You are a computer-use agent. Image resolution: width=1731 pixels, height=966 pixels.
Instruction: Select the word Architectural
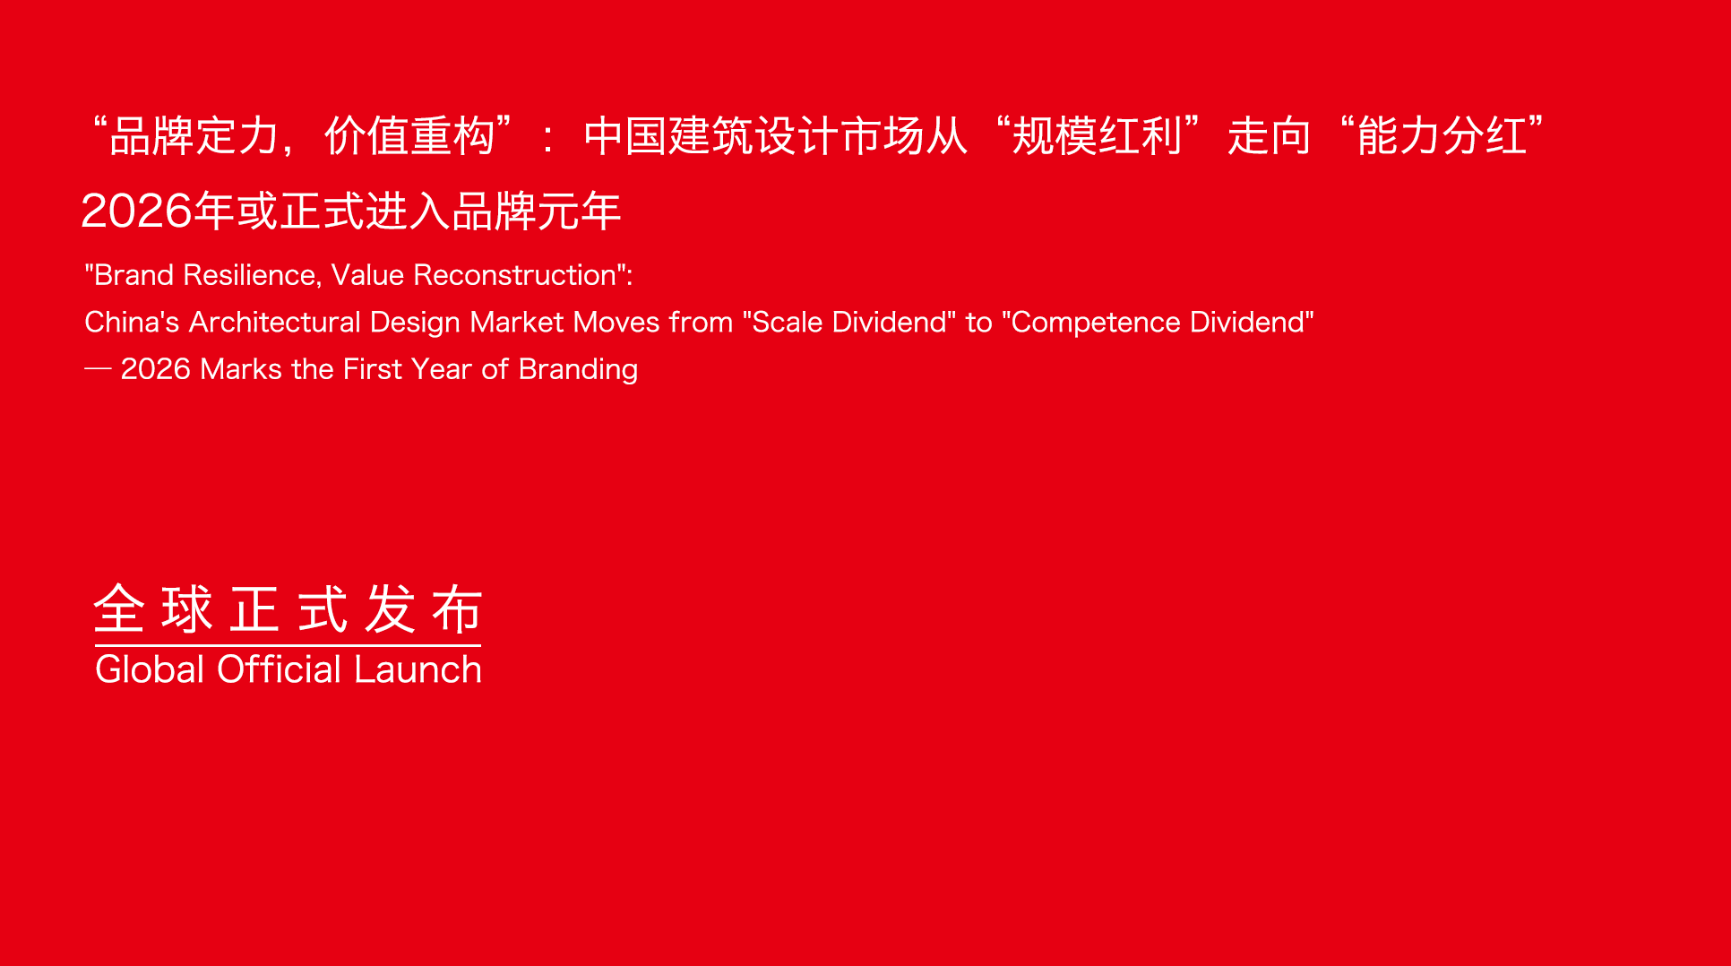(x=274, y=322)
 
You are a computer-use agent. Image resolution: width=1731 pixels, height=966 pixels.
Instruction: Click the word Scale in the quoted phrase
(x=788, y=322)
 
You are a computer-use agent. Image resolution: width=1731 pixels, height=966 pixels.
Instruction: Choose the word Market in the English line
(x=517, y=322)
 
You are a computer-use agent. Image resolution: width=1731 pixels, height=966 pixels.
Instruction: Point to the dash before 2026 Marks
(x=98, y=369)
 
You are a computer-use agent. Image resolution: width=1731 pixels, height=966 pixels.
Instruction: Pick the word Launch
(x=418, y=669)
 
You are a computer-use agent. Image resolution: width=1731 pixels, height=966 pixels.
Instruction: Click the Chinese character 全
(x=119, y=609)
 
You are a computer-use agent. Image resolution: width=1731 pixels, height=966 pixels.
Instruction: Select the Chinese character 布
(x=457, y=609)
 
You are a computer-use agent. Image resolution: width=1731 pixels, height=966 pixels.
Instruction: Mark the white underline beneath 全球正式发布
(x=288, y=645)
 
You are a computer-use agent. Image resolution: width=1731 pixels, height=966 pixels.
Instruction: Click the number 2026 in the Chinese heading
(x=137, y=211)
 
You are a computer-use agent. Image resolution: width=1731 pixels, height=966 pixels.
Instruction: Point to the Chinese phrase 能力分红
(x=1442, y=136)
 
